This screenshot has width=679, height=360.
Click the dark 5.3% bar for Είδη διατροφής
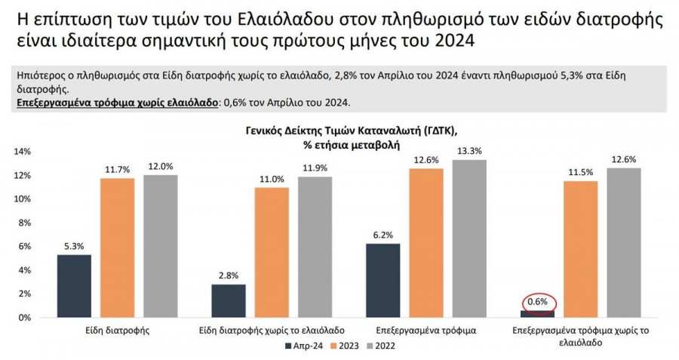click(x=74, y=286)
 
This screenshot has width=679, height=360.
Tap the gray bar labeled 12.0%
click(x=160, y=246)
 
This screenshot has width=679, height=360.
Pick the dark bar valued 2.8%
click(x=228, y=300)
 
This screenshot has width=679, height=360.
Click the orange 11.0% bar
click(x=272, y=252)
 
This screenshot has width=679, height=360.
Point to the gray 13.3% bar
click(x=470, y=238)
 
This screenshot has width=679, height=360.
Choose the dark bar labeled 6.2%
click(x=383, y=280)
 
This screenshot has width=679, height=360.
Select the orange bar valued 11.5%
click(x=580, y=249)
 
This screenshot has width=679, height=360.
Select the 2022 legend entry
click(x=382, y=346)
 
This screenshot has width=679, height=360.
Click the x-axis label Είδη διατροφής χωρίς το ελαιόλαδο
click(x=272, y=331)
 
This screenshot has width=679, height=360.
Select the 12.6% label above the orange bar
click(x=426, y=159)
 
